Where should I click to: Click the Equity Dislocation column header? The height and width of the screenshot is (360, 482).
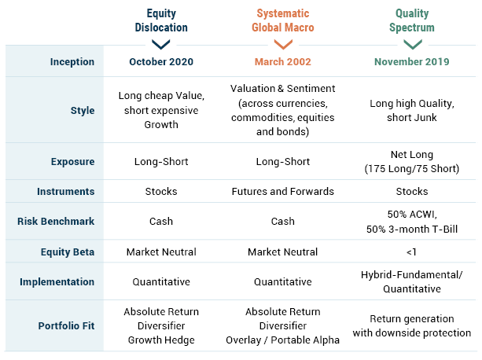161,20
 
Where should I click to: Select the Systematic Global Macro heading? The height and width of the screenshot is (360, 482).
283,20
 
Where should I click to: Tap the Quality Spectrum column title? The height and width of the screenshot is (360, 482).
412,20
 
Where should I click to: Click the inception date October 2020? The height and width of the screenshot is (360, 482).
161,62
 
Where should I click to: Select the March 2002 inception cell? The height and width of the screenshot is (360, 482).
283,62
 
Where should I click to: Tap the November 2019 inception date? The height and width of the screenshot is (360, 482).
412,62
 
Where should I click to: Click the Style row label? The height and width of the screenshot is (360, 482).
83,111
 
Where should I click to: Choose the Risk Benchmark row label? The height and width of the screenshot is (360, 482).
56,221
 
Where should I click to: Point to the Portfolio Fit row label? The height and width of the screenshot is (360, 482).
66,325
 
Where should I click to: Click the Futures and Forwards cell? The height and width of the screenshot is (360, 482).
283,191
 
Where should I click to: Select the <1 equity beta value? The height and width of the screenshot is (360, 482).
411,252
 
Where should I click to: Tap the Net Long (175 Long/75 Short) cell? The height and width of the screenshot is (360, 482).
412,162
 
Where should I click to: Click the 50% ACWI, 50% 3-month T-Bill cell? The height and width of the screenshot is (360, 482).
412,222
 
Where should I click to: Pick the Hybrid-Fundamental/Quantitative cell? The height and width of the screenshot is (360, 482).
412,281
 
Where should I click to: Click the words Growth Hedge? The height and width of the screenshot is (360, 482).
161,340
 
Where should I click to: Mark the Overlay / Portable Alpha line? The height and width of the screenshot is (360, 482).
283,340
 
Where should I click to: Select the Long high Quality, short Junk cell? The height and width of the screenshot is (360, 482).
412,111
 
